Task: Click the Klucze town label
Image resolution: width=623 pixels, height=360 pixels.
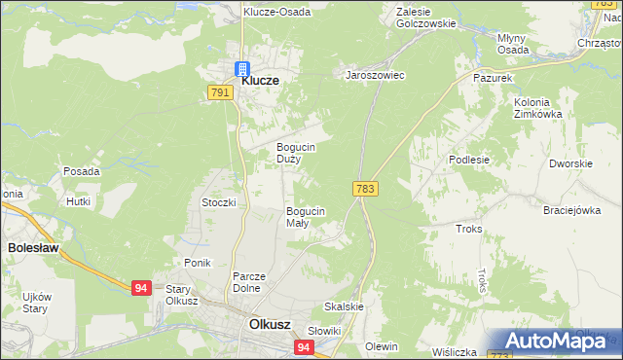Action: point(260,82)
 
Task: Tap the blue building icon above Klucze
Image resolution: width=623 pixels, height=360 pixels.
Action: point(240,68)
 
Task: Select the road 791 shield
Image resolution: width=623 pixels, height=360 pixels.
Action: point(219,92)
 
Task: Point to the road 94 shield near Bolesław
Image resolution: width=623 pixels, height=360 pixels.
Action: point(142,287)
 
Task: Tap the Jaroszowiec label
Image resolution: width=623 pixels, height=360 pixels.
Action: point(375,75)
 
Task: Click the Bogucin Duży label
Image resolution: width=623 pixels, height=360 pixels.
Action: point(294,152)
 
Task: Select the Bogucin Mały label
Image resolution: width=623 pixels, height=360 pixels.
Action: point(305,216)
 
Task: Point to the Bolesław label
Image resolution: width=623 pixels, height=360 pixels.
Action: point(33,248)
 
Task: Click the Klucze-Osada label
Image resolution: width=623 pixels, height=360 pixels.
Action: point(277,13)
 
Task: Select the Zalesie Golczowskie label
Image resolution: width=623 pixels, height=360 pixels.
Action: point(426,18)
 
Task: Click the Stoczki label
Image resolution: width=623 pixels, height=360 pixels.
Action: point(219,202)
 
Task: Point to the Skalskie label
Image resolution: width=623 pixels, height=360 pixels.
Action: point(344,306)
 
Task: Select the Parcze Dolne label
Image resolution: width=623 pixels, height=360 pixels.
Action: point(249,281)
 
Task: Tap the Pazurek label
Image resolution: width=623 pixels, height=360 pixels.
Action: point(492,76)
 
